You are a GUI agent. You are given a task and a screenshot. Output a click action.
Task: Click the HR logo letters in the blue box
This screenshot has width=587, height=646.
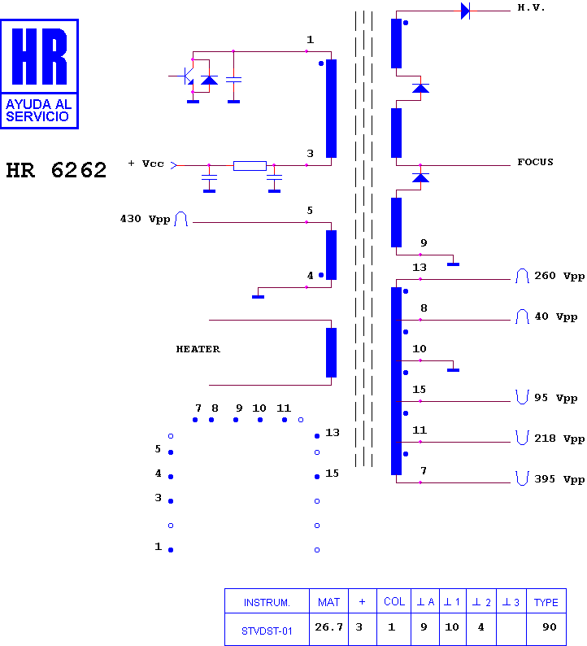(40, 56)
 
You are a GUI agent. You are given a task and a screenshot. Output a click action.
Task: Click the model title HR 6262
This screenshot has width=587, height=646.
(56, 170)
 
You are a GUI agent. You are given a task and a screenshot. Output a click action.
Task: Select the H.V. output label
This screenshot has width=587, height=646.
(531, 8)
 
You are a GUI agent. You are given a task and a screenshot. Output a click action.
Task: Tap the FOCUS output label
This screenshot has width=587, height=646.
(535, 162)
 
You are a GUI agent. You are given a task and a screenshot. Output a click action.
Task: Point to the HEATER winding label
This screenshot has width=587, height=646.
(198, 349)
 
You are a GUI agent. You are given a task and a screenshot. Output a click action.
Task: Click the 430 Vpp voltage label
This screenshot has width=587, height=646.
(145, 219)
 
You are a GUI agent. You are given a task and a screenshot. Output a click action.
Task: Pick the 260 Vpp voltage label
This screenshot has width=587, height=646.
(559, 276)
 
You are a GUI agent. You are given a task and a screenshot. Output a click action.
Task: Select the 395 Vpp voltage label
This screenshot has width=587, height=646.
(559, 479)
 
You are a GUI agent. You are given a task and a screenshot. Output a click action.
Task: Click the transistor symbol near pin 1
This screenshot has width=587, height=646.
(189, 76)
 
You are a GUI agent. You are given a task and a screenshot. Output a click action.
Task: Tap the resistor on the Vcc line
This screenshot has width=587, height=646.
(250, 166)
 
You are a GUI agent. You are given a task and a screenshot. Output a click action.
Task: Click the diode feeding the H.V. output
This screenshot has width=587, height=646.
(465, 11)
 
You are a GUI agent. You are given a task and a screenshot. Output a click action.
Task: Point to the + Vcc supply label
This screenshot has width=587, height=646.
(146, 164)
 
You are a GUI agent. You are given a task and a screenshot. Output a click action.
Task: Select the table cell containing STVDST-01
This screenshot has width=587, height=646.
(267, 630)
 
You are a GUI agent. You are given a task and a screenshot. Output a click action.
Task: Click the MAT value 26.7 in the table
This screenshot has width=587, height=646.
(328, 627)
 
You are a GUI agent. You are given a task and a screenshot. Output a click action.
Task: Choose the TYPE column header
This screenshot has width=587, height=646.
(546, 602)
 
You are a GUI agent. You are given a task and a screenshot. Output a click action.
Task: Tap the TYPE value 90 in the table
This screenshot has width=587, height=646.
(549, 627)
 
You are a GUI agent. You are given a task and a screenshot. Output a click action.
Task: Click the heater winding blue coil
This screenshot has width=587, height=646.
(331, 352)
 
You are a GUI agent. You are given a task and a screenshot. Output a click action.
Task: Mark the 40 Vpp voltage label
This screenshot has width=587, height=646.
(556, 316)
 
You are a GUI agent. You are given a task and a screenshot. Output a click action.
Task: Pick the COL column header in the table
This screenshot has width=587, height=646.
(394, 602)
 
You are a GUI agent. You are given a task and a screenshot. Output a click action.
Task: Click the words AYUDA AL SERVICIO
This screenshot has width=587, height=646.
(38, 111)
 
